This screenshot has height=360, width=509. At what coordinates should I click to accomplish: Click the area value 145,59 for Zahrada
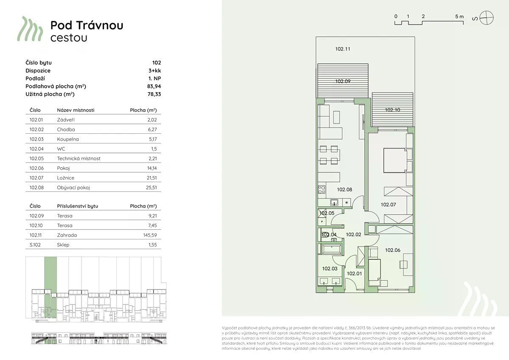pos(150,235)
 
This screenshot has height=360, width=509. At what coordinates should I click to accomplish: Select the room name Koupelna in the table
pos(68,139)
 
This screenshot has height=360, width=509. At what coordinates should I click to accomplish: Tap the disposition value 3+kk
pos(154,70)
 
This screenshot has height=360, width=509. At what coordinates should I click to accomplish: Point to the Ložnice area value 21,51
pos(151,178)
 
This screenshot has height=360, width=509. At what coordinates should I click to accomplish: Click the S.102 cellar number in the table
pos(35,245)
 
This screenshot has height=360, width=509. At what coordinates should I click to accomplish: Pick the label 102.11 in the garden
pos(343,49)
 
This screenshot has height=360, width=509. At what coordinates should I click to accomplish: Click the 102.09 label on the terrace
pos(343,81)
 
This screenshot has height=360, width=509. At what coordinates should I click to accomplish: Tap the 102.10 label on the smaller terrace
pos(392,110)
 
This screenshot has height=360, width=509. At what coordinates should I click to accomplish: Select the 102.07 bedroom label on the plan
pos(389,205)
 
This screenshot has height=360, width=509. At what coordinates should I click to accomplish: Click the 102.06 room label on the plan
pos(393,250)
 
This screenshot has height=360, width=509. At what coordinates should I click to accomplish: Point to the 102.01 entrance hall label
pos(354,273)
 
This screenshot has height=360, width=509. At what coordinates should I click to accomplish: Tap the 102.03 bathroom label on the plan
pos(330,269)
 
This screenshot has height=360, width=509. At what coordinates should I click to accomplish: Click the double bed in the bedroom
pos(395,160)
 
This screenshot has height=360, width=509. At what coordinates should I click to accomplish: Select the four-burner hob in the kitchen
pos(322,189)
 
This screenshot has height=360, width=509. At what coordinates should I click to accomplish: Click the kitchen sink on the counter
pos(334,202)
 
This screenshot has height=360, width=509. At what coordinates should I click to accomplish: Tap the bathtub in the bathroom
pos(332,249)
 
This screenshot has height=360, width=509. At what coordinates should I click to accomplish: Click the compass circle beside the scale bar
pos(487,18)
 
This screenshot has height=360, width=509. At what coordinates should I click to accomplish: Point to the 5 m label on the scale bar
pos(459,17)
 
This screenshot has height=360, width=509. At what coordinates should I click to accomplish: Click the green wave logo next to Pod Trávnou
pos(30,29)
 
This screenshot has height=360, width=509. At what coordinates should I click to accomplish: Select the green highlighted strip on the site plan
pos(50,287)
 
